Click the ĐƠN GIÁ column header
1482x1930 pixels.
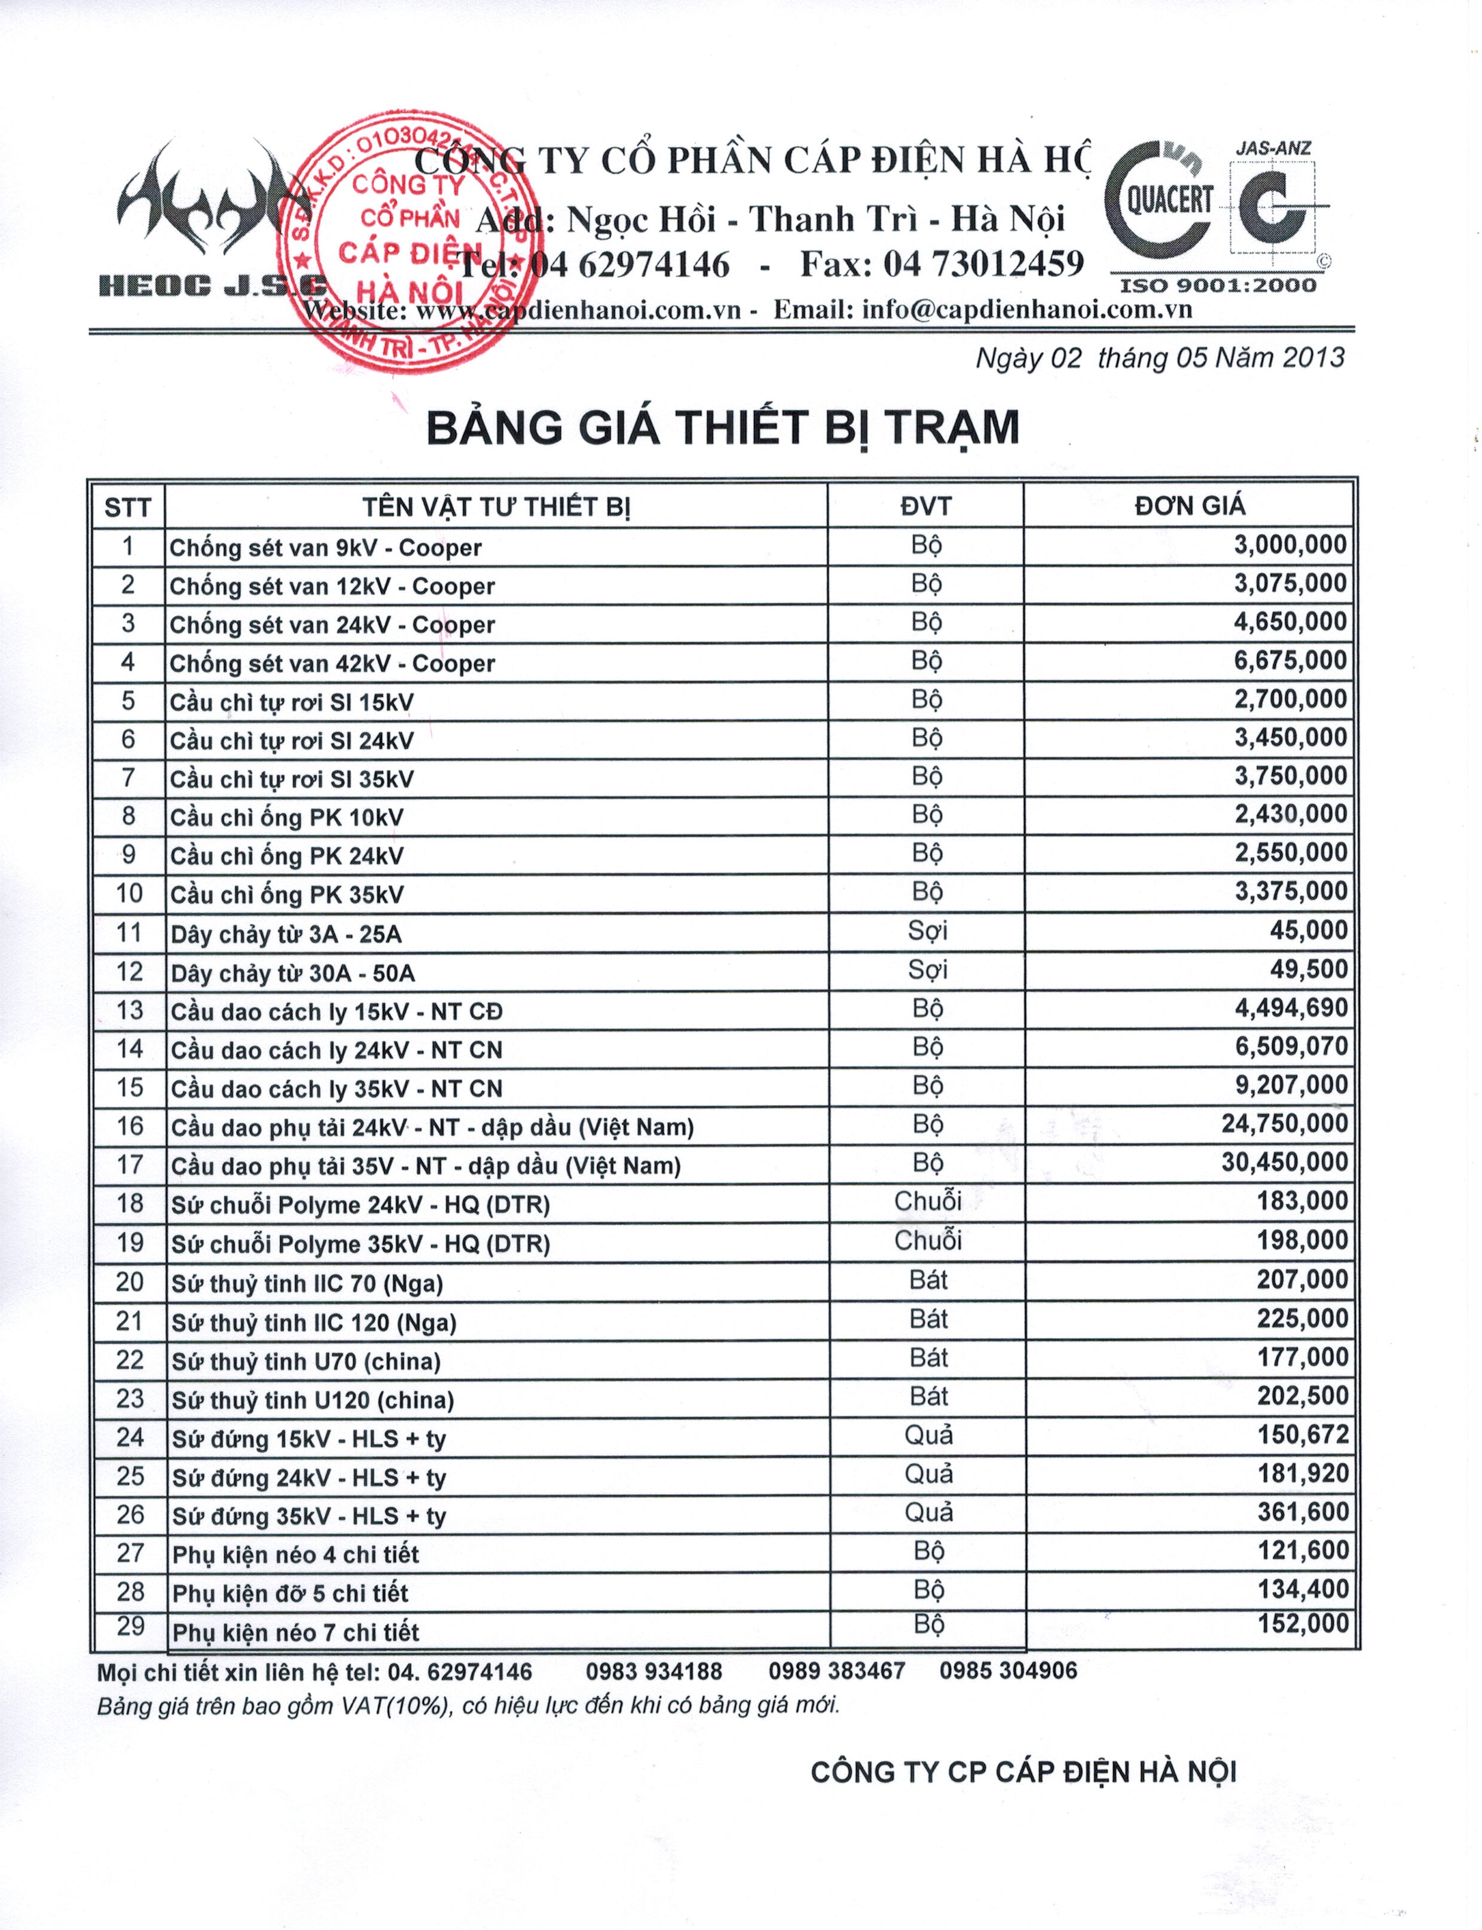1189,506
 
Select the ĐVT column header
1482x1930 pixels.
925,506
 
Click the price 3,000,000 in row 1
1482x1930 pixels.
1290,545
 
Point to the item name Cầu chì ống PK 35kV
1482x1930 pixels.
287,894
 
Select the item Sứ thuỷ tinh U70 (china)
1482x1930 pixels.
305,1361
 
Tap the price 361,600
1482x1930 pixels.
1302,1512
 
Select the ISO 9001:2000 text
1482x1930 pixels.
1217,286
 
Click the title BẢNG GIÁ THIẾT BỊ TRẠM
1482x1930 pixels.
723,428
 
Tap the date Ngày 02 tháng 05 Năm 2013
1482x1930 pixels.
1159,358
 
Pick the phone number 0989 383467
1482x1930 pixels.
836,1672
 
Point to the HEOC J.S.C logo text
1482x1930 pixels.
212,285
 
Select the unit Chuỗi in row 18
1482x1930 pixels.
927,1201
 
